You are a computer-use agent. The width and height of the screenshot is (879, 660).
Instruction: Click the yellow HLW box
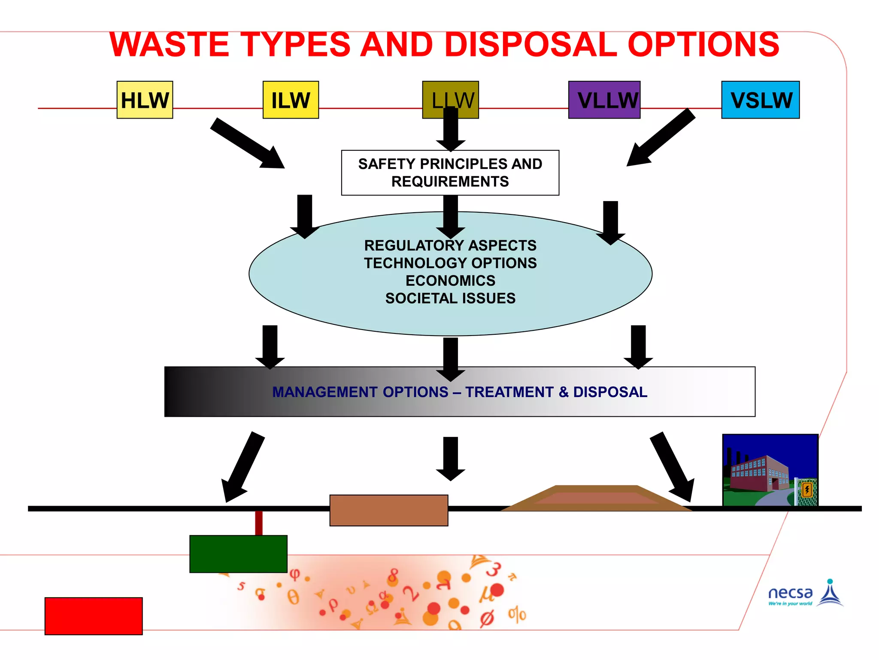click(x=145, y=100)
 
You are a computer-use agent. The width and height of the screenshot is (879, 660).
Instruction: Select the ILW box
click(x=291, y=100)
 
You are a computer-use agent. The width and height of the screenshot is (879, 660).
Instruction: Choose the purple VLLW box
click(x=604, y=100)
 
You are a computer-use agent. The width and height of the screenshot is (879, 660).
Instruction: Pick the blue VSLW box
click(x=760, y=100)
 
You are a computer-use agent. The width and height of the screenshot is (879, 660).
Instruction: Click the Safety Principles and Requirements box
click(x=450, y=173)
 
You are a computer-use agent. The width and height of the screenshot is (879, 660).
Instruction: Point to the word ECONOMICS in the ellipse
click(x=450, y=281)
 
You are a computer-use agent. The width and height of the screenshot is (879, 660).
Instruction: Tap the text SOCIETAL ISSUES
click(x=450, y=298)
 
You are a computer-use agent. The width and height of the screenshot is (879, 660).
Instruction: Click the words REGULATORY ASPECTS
click(x=450, y=245)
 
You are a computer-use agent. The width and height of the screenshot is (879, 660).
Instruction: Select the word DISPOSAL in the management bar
click(x=610, y=392)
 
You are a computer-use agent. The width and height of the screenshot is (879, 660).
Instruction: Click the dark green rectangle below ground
click(x=238, y=554)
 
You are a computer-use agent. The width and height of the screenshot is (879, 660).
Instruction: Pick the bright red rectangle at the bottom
click(x=94, y=616)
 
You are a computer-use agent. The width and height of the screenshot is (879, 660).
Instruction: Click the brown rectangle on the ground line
click(x=388, y=510)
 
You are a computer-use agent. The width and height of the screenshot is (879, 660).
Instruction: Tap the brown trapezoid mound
click(x=597, y=498)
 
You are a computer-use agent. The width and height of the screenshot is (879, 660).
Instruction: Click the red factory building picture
click(x=770, y=471)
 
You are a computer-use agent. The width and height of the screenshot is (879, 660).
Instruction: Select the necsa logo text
click(x=790, y=593)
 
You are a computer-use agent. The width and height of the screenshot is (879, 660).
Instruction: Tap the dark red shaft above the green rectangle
click(x=259, y=523)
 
